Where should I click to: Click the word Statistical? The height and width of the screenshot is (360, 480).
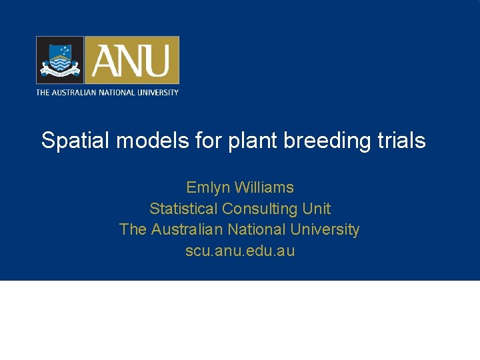click(183, 209)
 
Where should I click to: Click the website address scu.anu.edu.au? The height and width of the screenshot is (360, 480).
click(240, 251)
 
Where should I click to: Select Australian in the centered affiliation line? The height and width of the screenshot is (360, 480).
click(187, 230)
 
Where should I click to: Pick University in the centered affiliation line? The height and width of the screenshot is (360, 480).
click(325, 230)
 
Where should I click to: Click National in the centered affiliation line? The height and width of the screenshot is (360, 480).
click(259, 230)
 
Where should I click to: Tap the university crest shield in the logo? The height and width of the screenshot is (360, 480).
click(60, 60)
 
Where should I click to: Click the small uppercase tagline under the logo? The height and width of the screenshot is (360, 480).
click(107, 92)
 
